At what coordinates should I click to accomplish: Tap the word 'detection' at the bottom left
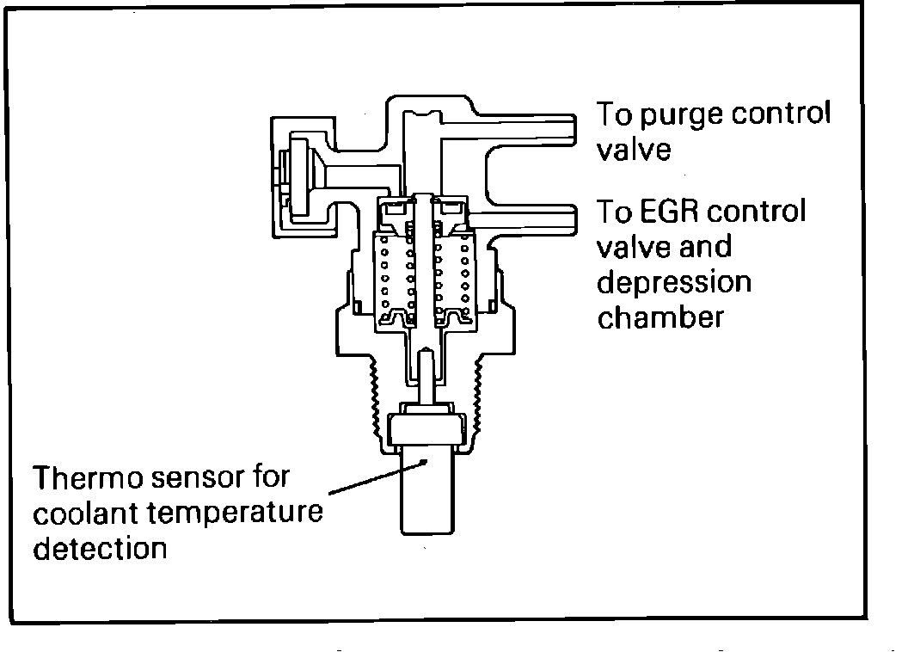click(x=99, y=547)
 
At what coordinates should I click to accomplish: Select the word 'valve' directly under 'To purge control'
click(x=634, y=150)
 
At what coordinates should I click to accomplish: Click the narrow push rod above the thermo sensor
click(x=426, y=378)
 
